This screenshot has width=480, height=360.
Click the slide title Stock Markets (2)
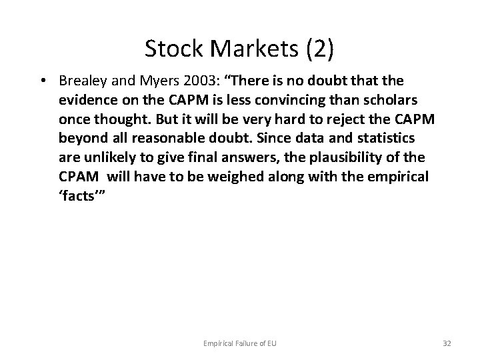coord(240,49)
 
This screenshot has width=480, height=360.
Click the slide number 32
coord(447,343)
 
